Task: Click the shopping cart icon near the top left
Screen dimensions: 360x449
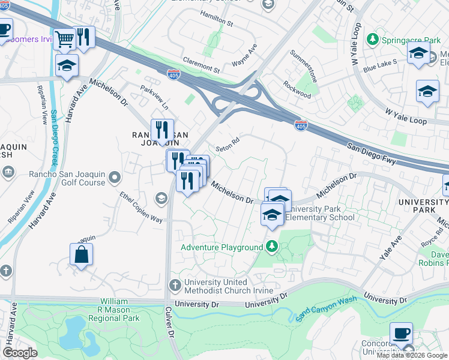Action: pos(65,39)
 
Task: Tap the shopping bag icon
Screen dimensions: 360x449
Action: pos(82,254)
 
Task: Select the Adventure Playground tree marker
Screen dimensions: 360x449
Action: pos(272,247)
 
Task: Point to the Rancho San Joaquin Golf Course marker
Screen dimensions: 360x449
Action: pos(114,177)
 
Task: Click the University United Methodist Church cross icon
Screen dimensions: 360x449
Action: pos(175,284)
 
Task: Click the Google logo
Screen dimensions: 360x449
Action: pos(20,352)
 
